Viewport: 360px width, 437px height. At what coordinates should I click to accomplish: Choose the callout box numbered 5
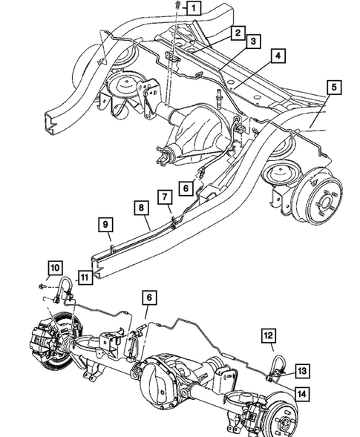click(x=334, y=88)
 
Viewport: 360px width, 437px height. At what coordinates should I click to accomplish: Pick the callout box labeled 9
click(x=105, y=223)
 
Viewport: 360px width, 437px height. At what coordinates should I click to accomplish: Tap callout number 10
click(x=55, y=267)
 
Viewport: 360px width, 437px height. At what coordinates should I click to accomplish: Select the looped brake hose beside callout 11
click(x=65, y=286)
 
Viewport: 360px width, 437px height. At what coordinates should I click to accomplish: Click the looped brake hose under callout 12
click(x=278, y=364)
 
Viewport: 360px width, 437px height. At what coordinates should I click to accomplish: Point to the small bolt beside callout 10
click(x=39, y=286)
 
